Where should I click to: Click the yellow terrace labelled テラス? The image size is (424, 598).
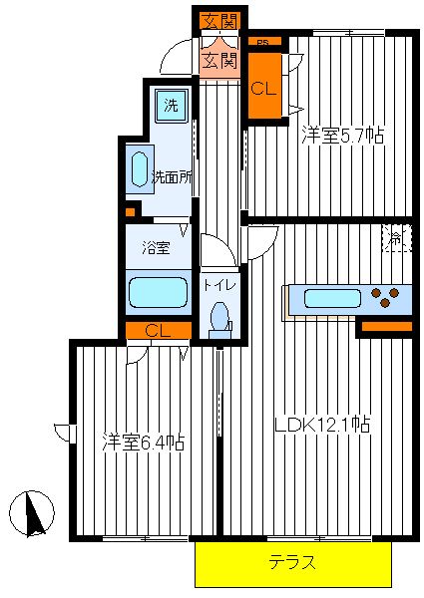click(x=293, y=564)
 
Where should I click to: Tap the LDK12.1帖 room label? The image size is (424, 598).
click(x=322, y=424)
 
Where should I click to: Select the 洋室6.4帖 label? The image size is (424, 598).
click(x=144, y=442)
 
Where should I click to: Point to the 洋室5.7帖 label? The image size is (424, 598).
click(x=342, y=135)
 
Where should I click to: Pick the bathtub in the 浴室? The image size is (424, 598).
click(x=159, y=292)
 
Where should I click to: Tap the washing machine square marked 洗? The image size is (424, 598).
click(x=172, y=106)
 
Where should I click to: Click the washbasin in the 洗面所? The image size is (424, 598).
click(x=140, y=169)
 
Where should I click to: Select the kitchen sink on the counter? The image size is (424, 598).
click(x=332, y=298)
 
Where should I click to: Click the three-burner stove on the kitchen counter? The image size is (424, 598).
click(x=385, y=298)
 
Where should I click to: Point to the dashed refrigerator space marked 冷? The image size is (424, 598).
click(x=396, y=239)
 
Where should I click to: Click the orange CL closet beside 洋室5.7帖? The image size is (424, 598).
click(x=264, y=85)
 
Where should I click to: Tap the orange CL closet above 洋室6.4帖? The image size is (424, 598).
click(x=159, y=330)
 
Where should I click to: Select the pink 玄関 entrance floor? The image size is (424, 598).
click(x=220, y=61)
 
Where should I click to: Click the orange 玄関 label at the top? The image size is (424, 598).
click(x=220, y=21)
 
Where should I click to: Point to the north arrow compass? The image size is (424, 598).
click(x=32, y=513)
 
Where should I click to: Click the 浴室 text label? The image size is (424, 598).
click(x=156, y=248)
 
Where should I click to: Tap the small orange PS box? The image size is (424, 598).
click(x=264, y=41)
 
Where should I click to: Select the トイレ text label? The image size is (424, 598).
click(x=219, y=284)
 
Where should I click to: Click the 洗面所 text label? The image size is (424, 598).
click(x=172, y=177)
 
